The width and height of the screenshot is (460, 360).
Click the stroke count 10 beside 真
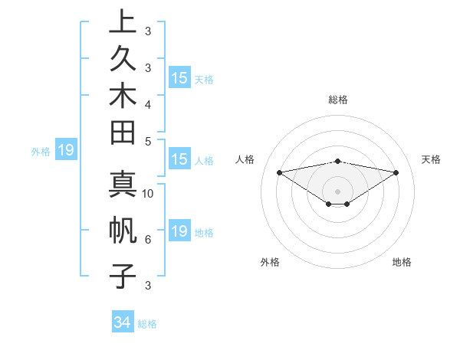(149, 193)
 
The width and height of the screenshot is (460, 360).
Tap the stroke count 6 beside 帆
(148, 240)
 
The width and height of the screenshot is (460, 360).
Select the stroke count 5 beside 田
(148, 141)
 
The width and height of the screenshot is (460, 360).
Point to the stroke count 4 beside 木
(148, 103)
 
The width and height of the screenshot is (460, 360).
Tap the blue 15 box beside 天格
(179, 78)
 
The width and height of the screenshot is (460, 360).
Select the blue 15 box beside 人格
(179, 160)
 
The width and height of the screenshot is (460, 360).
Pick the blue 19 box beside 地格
(179, 231)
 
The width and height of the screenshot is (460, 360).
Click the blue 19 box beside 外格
(66, 150)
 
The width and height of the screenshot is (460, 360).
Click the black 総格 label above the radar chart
(338, 100)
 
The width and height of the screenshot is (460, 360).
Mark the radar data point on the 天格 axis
(396, 172)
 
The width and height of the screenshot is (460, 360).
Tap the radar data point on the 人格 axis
(280, 172)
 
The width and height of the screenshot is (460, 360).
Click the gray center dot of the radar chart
(338, 191)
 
